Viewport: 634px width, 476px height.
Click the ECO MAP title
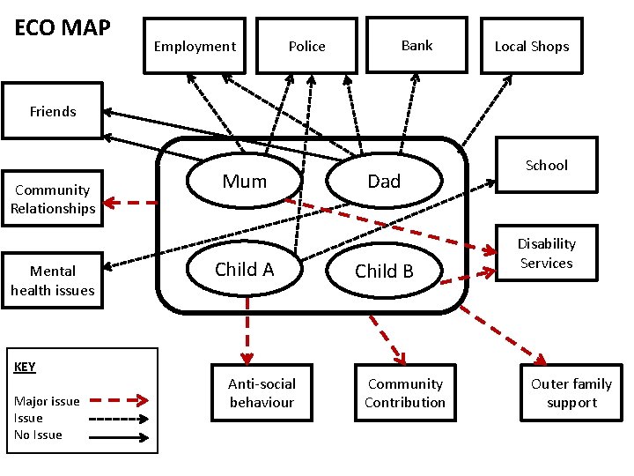coord(63,28)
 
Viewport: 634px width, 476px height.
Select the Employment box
coord(195,46)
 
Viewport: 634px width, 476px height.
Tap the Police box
coord(306,46)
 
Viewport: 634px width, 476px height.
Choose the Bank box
coord(417,45)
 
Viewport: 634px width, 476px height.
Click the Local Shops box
coord(531,46)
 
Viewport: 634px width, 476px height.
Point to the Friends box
coord(53,111)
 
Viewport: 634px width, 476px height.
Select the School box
coord(546,165)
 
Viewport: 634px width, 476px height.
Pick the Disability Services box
coord(546,253)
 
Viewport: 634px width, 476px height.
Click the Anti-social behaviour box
coord(262,393)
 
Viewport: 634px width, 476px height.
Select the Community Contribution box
coord(405,393)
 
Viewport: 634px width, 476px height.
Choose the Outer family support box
coord(571,393)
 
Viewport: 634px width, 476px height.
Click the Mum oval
coord(244,182)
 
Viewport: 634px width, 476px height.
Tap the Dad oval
coord(383,182)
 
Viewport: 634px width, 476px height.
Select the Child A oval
coord(244,270)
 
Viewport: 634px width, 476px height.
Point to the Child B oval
coord(383,271)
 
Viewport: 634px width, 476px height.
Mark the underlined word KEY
coord(25,367)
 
